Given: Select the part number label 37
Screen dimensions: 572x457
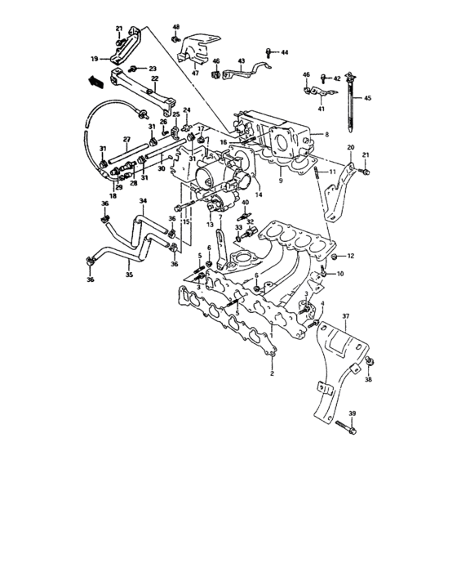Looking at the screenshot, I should point(345,315).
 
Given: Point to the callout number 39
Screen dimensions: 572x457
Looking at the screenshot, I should point(353,413).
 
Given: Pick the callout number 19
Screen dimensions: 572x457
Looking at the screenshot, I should point(94,59).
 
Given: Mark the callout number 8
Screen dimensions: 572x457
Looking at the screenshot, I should point(326,134).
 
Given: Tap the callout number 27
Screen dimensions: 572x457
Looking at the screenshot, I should point(126,139).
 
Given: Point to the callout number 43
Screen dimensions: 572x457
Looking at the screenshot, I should point(241,60).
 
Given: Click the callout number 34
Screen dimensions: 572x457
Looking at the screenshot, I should point(142,201).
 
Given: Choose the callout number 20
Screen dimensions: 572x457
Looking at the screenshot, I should point(351,147).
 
